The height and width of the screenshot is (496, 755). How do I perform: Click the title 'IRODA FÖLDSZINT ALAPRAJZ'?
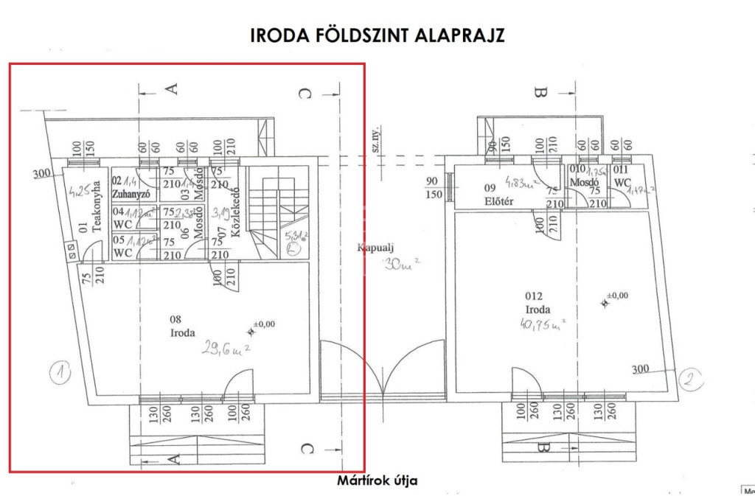pyautogui.click(x=377, y=35)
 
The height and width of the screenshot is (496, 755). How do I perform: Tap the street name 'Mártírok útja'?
pyautogui.click(x=377, y=481)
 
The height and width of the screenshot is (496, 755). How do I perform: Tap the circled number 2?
pyautogui.click(x=687, y=380)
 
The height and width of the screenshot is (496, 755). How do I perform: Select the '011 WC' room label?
pyautogui.click(x=622, y=176)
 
